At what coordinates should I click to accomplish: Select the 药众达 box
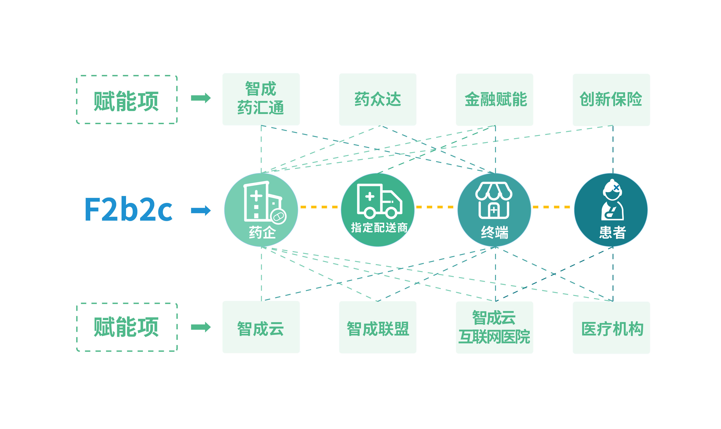tap(377, 99)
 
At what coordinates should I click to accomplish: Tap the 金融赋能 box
tap(494, 99)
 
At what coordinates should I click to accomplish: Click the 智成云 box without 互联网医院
tap(261, 327)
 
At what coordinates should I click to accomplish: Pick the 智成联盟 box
tap(377, 327)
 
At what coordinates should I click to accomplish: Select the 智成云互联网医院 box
tap(494, 327)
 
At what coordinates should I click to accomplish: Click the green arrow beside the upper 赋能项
tap(201, 98)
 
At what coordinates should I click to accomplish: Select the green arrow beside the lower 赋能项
tap(201, 327)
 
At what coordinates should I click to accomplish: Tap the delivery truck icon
tap(379, 201)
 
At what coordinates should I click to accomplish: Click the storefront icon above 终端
tap(494, 200)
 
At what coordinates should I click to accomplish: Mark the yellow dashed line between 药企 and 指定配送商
tap(319, 207)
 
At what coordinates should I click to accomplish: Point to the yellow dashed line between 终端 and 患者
tap(551, 207)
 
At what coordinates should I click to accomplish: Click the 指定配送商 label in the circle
tap(379, 228)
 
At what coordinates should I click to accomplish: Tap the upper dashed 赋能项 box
tap(127, 100)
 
